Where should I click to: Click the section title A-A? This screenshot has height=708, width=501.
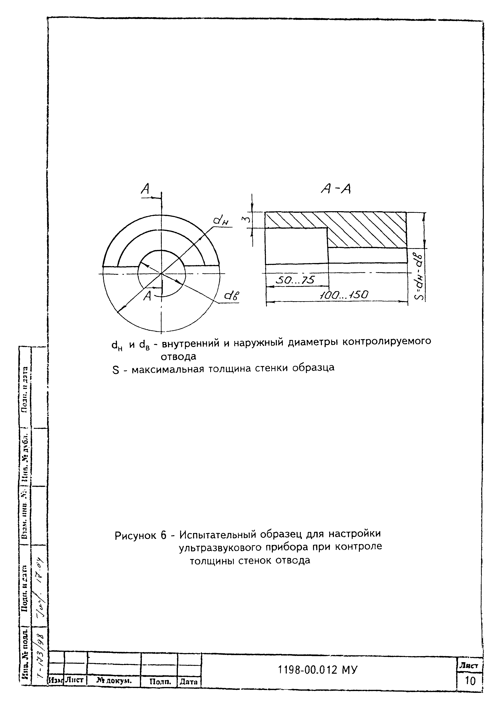pyautogui.click(x=336, y=189)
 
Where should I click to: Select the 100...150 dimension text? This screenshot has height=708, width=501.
pyautogui.click(x=343, y=295)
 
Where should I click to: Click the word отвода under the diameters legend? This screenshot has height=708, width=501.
pyautogui.click(x=178, y=357)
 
